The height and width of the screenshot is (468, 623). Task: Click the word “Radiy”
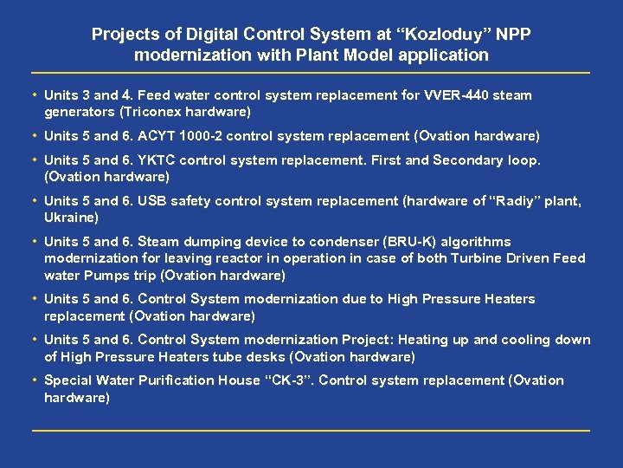click(516, 201)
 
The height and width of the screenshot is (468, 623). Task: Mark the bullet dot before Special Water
click(34, 380)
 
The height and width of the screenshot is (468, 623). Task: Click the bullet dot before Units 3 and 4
click(34, 95)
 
